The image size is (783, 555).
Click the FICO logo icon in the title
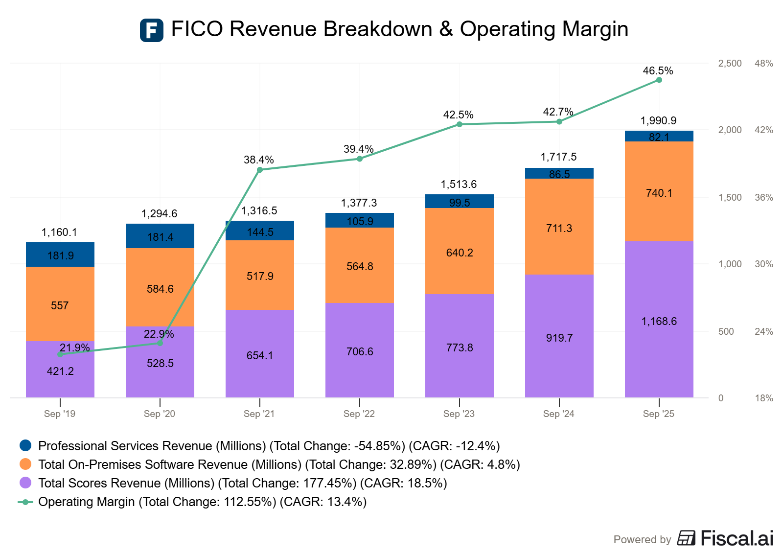tap(152, 30)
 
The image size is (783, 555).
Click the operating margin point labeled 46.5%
tap(659, 80)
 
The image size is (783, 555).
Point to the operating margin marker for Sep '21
tap(260, 170)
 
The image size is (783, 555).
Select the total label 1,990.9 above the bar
tap(658, 120)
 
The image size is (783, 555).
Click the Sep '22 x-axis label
tap(359, 414)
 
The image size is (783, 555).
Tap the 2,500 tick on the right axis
tap(730, 63)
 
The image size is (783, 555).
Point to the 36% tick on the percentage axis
tap(763, 197)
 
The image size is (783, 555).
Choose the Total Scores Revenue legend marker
tap(25, 483)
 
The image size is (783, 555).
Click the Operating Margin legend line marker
tap(25, 502)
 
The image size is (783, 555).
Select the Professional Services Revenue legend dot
tap(25, 445)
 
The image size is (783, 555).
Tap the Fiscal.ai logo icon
tap(686, 538)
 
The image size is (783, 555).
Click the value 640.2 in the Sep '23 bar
tap(460, 253)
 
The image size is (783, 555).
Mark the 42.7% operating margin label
tap(558, 112)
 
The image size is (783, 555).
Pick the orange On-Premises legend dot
tap(25, 464)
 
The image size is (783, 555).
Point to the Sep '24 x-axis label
tap(559, 414)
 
